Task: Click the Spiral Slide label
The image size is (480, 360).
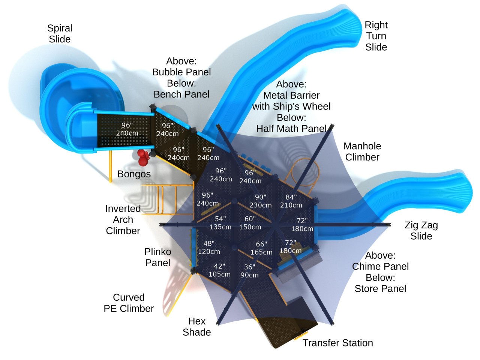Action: (x=60, y=34)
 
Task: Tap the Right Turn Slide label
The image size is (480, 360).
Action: (x=376, y=36)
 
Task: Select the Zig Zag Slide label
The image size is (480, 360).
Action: (x=421, y=231)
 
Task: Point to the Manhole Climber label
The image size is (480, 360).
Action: (x=362, y=151)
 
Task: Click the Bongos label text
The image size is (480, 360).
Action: (x=134, y=174)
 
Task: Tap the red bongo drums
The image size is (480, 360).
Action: (x=142, y=157)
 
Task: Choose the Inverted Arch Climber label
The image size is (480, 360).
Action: (x=123, y=219)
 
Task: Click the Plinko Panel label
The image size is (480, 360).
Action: (x=158, y=257)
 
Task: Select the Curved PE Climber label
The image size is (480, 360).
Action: (x=129, y=303)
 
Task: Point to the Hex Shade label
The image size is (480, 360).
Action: (x=197, y=327)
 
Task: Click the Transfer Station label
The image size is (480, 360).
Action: (x=337, y=343)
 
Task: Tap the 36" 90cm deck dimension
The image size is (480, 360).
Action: (x=249, y=271)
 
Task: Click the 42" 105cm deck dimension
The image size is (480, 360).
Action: (x=219, y=270)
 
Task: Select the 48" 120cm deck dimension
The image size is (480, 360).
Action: (x=209, y=247)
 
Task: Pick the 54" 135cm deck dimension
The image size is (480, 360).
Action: (x=220, y=223)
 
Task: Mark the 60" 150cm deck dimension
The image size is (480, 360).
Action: (x=250, y=223)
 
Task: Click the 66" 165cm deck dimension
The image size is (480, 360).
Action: (x=261, y=248)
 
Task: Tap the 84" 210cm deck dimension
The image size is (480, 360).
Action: (x=291, y=201)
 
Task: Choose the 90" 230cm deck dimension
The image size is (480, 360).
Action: (x=261, y=201)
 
